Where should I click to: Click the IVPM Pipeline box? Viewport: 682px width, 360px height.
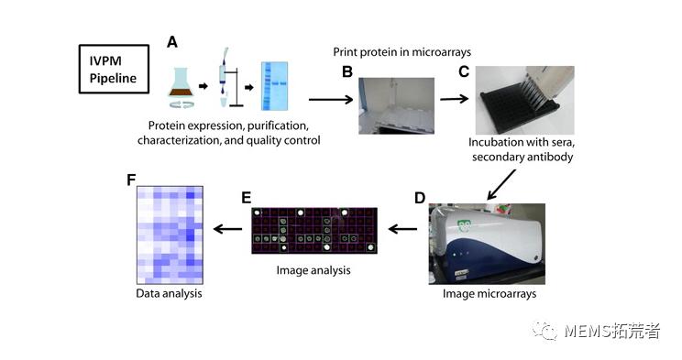pos(114,69)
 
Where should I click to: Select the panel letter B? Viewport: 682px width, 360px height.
pos(347,71)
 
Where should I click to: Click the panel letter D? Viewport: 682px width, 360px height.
pos(420,197)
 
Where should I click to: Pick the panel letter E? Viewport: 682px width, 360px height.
pos(245,197)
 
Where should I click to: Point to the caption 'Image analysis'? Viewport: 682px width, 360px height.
pos(313,271)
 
